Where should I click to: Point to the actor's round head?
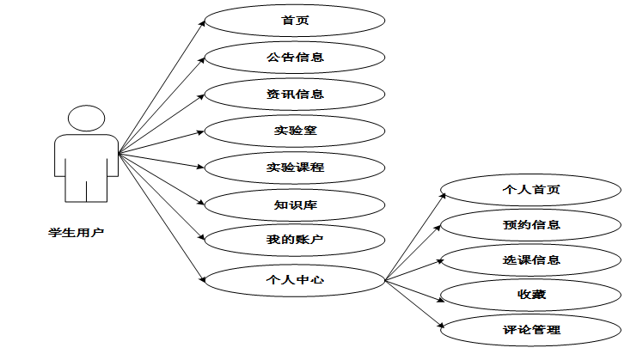click(x=86, y=119)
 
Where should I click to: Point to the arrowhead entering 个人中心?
click(x=203, y=278)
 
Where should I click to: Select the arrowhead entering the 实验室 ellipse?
click(x=203, y=131)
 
